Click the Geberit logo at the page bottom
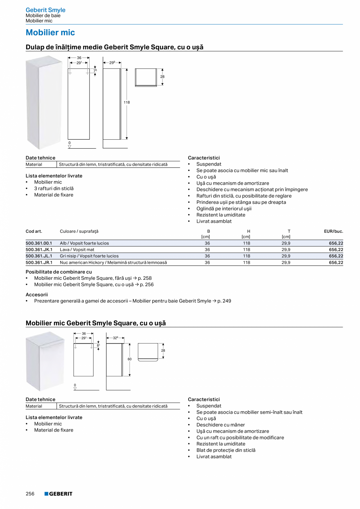[x=58, y=494]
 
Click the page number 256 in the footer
[x=30, y=494]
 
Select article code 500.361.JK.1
[x=39, y=250]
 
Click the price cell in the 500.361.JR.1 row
[x=336, y=263]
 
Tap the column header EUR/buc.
[x=333, y=231]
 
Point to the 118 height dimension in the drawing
[x=127, y=103]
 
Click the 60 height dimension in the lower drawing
[x=130, y=359]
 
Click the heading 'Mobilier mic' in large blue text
[x=50, y=32]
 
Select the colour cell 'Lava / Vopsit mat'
[x=77, y=250]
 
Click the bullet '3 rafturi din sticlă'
[x=54, y=189]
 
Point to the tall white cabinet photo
[x=43, y=102]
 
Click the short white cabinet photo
[x=45, y=361]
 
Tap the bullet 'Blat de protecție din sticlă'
[x=226, y=450]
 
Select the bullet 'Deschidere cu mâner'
[x=220, y=425]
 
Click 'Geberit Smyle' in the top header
[x=45, y=10]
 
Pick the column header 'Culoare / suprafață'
[x=79, y=231]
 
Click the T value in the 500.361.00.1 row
[x=286, y=243]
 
